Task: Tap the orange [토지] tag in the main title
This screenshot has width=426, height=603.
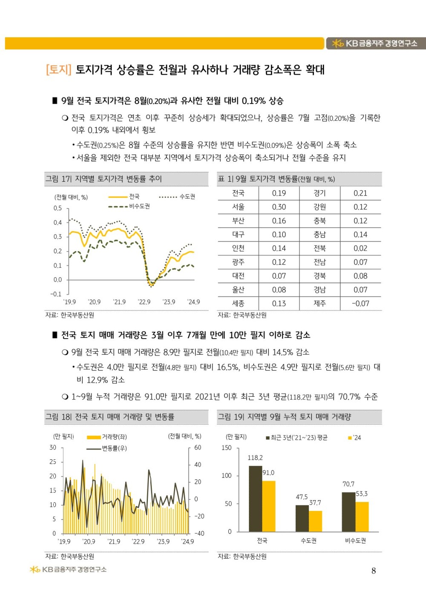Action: click(59, 70)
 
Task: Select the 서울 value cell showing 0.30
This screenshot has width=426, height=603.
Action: click(279, 207)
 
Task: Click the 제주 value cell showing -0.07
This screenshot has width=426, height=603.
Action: click(360, 304)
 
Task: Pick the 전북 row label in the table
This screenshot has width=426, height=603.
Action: click(319, 248)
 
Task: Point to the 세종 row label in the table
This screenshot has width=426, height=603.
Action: click(238, 304)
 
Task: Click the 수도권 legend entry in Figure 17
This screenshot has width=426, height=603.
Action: click(177, 197)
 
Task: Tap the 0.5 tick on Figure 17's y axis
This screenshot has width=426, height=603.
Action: click(58, 209)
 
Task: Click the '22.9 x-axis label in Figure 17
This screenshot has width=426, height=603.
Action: click(144, 302)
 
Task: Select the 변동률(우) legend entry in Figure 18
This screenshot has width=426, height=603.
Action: click(107, 449)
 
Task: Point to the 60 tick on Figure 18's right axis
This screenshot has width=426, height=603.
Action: click(198, 447)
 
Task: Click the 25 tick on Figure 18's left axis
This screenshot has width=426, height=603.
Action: click(53, 462)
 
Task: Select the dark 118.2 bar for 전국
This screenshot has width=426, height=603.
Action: click(256, 499)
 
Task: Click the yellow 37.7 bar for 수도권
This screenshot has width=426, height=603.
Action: click(315, 522)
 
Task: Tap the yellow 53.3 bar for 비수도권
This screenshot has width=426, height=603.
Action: click(362, 517)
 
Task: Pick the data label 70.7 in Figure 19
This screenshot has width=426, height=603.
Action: click(348, 484)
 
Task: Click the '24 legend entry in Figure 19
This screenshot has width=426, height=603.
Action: click(355, 438)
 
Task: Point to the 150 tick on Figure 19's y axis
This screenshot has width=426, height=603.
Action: click(227, 448)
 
